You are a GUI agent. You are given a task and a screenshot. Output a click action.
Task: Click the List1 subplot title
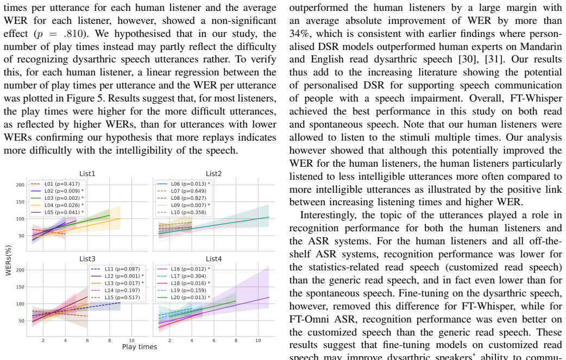(87, 174)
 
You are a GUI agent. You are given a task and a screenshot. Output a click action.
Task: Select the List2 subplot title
(213, 174)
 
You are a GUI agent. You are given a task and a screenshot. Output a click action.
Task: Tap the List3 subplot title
(87, 259)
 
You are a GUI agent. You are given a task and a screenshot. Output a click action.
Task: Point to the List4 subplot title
(213, 259)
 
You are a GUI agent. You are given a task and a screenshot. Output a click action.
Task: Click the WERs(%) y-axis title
(9, 261)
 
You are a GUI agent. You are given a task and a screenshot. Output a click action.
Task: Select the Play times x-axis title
(140, 347)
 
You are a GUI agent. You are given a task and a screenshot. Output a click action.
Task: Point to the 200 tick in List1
(20, 185)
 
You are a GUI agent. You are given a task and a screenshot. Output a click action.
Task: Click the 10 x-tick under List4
(258, 340)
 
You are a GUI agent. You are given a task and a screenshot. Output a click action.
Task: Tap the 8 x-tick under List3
(109, 340)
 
